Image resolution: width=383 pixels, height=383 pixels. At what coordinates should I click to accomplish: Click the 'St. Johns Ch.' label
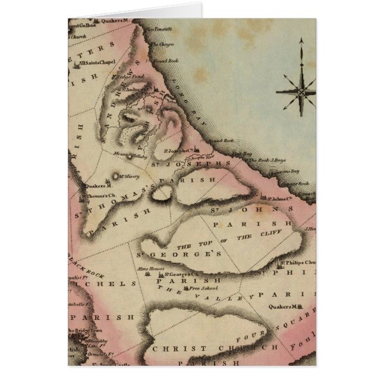pos(280,199)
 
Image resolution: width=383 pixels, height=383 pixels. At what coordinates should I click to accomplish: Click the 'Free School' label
pos(202,288)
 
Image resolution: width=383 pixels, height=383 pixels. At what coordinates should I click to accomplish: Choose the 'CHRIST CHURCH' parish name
pos(214,347)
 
